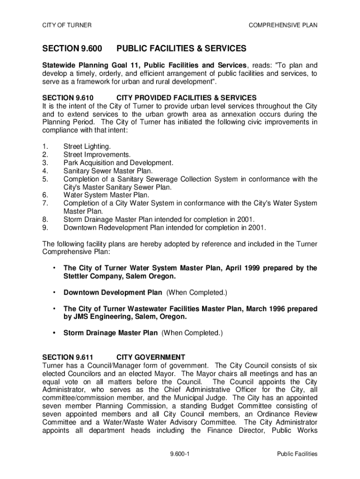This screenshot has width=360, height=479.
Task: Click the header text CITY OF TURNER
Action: point(67,25)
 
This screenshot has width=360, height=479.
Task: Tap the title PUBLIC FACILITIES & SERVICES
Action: point(181,49)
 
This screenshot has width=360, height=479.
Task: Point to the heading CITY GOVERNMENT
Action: point(151,357)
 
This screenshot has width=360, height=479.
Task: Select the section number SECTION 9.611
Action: point(65,357)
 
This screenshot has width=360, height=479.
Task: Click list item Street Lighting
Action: point(87,146)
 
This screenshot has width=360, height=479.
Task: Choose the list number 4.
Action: point(45,171)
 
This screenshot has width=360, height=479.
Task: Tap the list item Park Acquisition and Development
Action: point(118,163)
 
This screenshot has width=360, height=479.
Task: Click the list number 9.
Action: point(45,228)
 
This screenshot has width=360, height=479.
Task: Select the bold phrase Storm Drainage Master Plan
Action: point(110,333)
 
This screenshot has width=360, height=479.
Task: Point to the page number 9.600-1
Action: point(180,454)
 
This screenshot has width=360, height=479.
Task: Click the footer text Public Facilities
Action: point(297,454)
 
